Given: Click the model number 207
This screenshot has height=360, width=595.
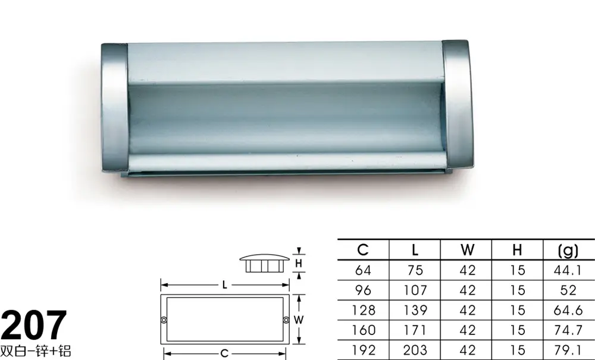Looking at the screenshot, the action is coord(34,325).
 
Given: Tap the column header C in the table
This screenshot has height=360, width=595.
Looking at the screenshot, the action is coord(363,250).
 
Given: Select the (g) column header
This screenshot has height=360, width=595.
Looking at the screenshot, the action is coord(568,251).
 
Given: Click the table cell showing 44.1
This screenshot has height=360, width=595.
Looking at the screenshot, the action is coord(568,270).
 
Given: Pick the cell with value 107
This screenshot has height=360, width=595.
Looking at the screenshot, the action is coord(415,290).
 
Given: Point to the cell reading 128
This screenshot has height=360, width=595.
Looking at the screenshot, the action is coord(363,310).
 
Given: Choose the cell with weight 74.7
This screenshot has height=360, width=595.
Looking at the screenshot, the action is coord(568,330).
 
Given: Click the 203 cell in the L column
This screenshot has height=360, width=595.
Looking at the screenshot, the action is coord(415,350).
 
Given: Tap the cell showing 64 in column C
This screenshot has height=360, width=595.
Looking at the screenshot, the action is coord(363,270).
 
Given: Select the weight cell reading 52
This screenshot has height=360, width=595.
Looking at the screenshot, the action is coord(568,290).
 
